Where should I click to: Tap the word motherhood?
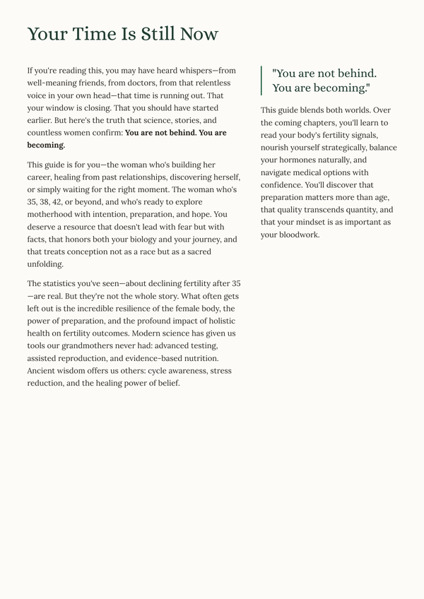[53, 215]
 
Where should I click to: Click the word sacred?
[197, 251]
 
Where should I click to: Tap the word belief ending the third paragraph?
[166, 383]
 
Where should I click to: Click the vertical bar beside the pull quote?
[261, 81]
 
